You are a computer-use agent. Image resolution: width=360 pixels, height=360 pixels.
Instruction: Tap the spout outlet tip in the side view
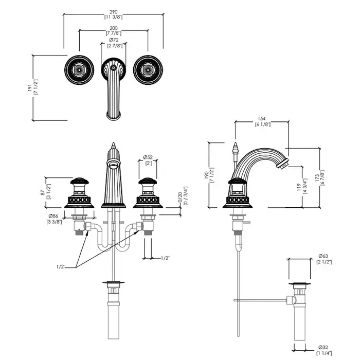point(281,165)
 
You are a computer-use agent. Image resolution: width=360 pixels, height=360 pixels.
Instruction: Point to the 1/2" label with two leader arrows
point(62,266)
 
